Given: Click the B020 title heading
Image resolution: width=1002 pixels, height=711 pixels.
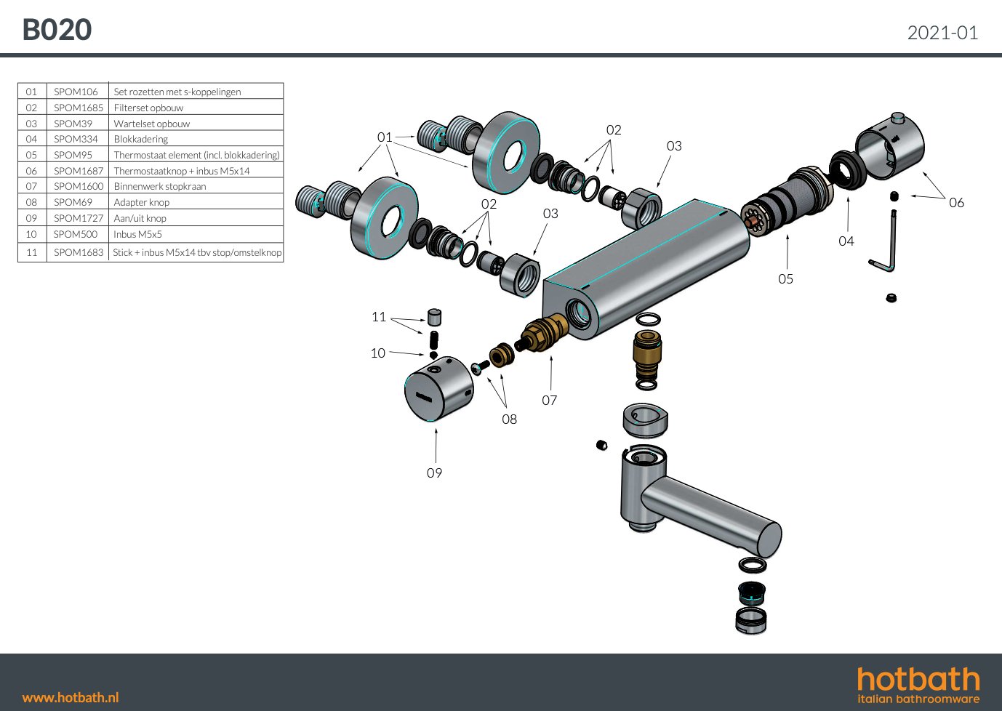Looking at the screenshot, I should [x=57, y=30].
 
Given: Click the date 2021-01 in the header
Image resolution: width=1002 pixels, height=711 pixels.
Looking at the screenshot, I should [x=942, y=33].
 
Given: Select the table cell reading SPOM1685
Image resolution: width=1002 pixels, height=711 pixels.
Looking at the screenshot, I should [x=78, y=108].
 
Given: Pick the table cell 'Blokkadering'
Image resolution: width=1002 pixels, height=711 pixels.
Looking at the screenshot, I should [x=140, y=139].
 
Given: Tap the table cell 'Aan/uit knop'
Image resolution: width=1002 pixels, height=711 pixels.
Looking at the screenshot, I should [x=140, y=218].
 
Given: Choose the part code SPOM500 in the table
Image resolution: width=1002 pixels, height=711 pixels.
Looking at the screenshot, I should [x=75, y=234].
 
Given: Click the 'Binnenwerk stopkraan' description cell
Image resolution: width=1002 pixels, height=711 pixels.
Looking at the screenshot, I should [x=159, y=186].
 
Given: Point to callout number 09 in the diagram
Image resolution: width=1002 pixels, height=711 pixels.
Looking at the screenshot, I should [x=434, y=473].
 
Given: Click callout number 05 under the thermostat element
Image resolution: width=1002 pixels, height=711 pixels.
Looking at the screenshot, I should [x=785, y=279].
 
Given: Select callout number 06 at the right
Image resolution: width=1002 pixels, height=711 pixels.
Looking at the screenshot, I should [x=956, y=203].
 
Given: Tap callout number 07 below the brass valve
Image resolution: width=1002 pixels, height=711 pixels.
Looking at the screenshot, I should [x=549, y=401].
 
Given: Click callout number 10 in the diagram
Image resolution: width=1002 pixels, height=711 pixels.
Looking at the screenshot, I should [x=377, y=353].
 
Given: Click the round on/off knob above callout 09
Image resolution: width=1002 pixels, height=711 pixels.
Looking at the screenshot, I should [x=437, y=389].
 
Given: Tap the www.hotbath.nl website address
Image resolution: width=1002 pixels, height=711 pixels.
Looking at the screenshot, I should [x=71, y=697].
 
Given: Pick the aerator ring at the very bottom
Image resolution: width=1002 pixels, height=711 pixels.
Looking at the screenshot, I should [x=751, y=620].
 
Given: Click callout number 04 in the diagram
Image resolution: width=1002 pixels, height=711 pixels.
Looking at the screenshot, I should [x=846, y=241].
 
